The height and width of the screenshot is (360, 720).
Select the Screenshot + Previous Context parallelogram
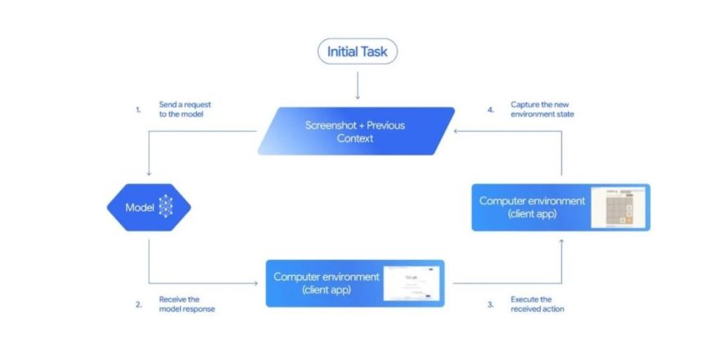pos(356,131)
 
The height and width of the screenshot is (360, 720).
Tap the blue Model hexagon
pos(149,207)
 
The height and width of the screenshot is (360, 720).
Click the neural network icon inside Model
pos(166,207)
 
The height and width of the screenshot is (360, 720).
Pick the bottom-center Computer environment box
pos(354,283)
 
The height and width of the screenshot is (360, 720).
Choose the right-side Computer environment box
pos(560,207)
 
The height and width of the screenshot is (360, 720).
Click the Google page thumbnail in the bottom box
pos(413,283)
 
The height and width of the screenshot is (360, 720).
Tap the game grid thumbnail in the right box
pos(619,207)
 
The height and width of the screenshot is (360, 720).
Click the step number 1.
pos(138,109)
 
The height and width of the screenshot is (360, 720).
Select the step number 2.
pos(138,304)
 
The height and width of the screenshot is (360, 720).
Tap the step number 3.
pos(490,304)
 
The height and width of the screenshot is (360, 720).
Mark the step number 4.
pos(490,109)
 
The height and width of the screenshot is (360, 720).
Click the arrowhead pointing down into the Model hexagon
pos(149,173)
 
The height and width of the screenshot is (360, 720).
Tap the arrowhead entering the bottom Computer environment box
pos(261,283)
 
